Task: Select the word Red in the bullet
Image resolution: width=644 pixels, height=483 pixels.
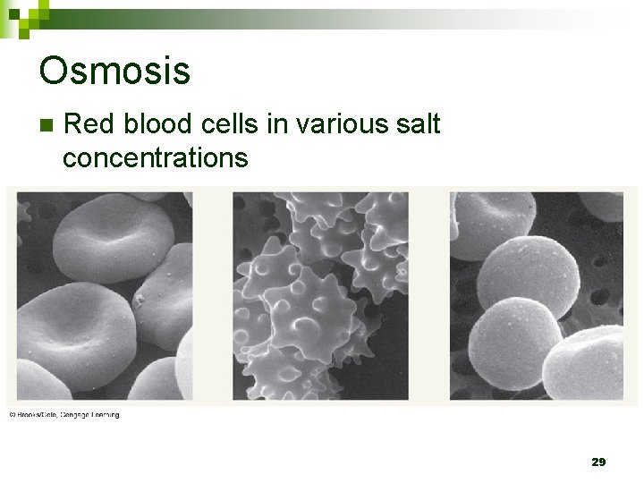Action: [88, 123]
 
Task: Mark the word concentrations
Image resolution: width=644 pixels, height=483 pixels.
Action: [155, 158]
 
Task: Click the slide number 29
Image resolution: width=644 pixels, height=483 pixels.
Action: [598, 462]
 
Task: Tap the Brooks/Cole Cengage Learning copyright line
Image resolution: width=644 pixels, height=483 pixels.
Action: [64, 415]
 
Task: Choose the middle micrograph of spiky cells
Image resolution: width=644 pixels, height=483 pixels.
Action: [320, 296]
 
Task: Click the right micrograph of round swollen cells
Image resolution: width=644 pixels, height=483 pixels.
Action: [536, 296]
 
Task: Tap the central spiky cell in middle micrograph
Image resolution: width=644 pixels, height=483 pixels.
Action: [309, 313]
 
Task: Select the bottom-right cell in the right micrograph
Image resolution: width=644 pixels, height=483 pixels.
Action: [586, 362]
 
